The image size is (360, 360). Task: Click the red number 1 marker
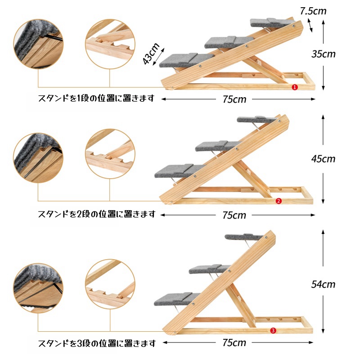coord(295,87)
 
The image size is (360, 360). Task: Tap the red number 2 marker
coord(279,201)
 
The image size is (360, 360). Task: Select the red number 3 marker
coord(273,331)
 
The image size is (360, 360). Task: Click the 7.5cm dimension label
coord(313,11)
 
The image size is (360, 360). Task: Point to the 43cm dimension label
coord(151,54)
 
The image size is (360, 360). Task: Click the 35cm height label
coord(323,54)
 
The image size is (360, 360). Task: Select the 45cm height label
coord(323,159)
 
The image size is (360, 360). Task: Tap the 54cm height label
coord(323,284)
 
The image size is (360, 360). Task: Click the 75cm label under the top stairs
coord(234,99)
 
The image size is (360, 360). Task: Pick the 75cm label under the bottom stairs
coord(234,343)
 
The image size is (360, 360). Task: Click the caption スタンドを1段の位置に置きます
coord(96,98)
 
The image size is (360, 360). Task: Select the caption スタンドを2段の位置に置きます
coord(97,214)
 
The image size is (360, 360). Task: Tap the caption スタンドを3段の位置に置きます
coord(97,343)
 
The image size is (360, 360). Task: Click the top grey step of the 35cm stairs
coord(272,22)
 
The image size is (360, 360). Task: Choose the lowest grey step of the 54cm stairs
coord(176,298)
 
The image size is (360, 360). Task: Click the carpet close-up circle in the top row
coord(38,44)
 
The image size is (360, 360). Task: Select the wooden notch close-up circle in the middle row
coord(110,153)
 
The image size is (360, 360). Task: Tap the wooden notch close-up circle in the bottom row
coord(110,284)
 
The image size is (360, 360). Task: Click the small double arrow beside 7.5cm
coord(310,25)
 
